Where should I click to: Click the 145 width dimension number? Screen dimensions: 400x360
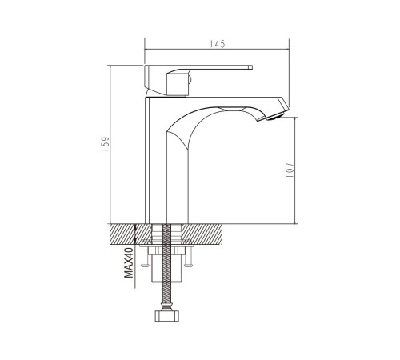click(218, 44)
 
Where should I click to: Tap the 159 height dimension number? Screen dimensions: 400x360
click(106, 144)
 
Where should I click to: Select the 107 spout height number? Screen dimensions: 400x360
click(290, 170)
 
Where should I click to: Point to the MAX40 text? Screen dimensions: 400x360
click(129, 262)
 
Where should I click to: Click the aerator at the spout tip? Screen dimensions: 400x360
click(275, 116)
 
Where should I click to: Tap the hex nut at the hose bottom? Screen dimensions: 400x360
click(166, 315)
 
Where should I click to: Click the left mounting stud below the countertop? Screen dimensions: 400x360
click(144, 256)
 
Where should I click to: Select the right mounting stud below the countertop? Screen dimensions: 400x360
click(188, 256)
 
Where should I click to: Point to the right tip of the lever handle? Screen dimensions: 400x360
click(252, 67)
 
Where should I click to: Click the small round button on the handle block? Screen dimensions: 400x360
click(190, 79)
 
